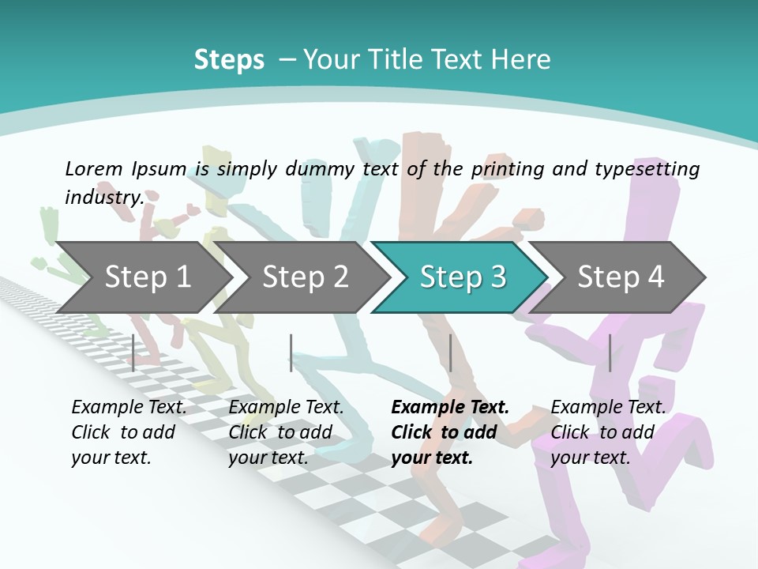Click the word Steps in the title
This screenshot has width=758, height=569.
tap(229, 60)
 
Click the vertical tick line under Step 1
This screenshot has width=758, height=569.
tap(133, 352)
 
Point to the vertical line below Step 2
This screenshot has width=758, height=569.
tap(291, 352)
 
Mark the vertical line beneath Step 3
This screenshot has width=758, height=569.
tap(450, 352)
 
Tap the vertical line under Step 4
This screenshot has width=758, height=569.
tap(610, 352)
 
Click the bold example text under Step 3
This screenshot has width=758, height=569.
tap(450, 432)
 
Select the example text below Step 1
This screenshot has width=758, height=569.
tap(129, 432)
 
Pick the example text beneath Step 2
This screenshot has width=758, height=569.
tap(286, 432)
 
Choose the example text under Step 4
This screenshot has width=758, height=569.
tap(608, 432)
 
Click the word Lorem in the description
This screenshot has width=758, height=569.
tap(94, 168)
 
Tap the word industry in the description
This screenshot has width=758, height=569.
tap(104, 197)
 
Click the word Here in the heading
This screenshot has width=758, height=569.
tap(524, 60)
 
